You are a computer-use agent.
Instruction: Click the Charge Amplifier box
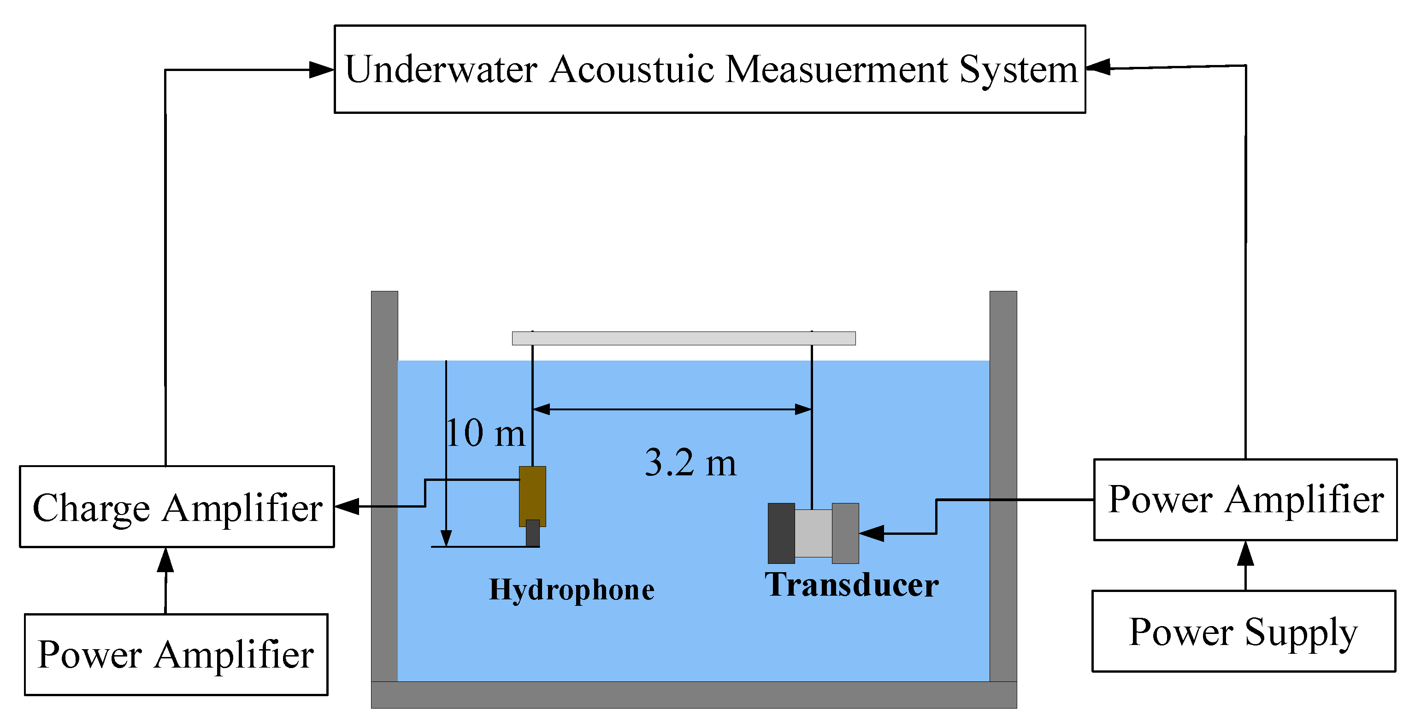pyautogui.click(x=177, y=507)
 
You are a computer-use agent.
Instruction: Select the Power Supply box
pyautogui.click(x=1244, y=631)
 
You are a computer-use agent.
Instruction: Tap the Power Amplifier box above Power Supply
pyautogui.click(x=1245, y=499)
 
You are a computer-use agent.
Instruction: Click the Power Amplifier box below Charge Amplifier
pyautogui.click(x=176, y=654)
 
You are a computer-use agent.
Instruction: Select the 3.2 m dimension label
pyautogui.click(x=690, y=462)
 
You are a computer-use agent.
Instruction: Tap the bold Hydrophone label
pyautogui.click(x=571, y=590)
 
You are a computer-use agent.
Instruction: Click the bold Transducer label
pyautogui.click(x=851, y=584)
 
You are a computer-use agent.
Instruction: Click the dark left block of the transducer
pyautogui.click(x=781, y=533)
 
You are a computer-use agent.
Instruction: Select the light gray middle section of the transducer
pyautogui.click(x=813, y=533)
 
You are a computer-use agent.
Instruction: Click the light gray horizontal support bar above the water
pyautogui.click(x=684, y=338)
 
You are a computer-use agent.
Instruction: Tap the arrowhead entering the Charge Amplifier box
pyautogui.click(x=347, y=506)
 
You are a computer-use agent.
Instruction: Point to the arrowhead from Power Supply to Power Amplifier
pyautogui.click(x=1245, y=554)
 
